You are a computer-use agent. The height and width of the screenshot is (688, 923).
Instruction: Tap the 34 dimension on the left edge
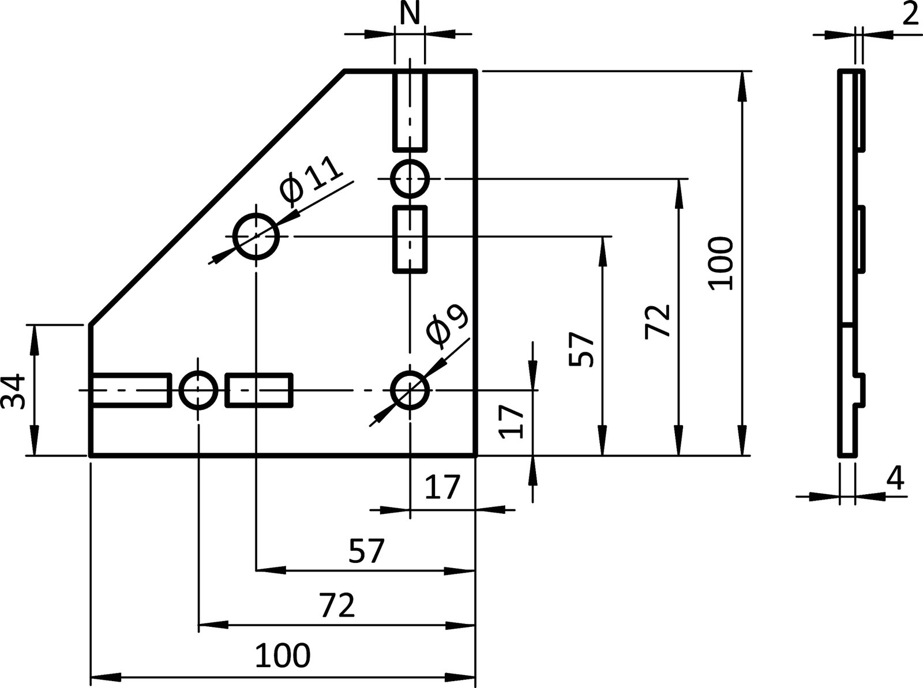[x=14, y=391]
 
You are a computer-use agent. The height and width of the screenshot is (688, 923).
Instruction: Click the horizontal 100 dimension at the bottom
[x=283, y=656]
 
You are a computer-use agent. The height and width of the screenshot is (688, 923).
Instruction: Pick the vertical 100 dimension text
[x=721, y=262]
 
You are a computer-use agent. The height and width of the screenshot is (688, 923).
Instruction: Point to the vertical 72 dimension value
[x=658, y=321]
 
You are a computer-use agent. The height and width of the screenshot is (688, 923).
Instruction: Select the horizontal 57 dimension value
[x=366, y=552]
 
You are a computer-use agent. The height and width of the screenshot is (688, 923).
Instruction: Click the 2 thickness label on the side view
[x=910, y=14]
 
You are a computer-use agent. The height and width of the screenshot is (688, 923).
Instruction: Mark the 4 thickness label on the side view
[x=895, y=478]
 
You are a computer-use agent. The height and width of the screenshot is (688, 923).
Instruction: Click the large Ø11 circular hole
[x=256, y=236]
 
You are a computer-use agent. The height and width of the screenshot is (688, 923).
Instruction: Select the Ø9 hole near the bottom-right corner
[x=410, y=390]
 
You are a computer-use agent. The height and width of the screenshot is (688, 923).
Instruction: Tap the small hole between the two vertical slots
[x=410, y=179]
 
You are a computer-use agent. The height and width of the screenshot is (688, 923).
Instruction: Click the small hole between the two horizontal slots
[x=198, y=390]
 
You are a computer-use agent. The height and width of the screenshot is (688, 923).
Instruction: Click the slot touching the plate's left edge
[x=130, y=390]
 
